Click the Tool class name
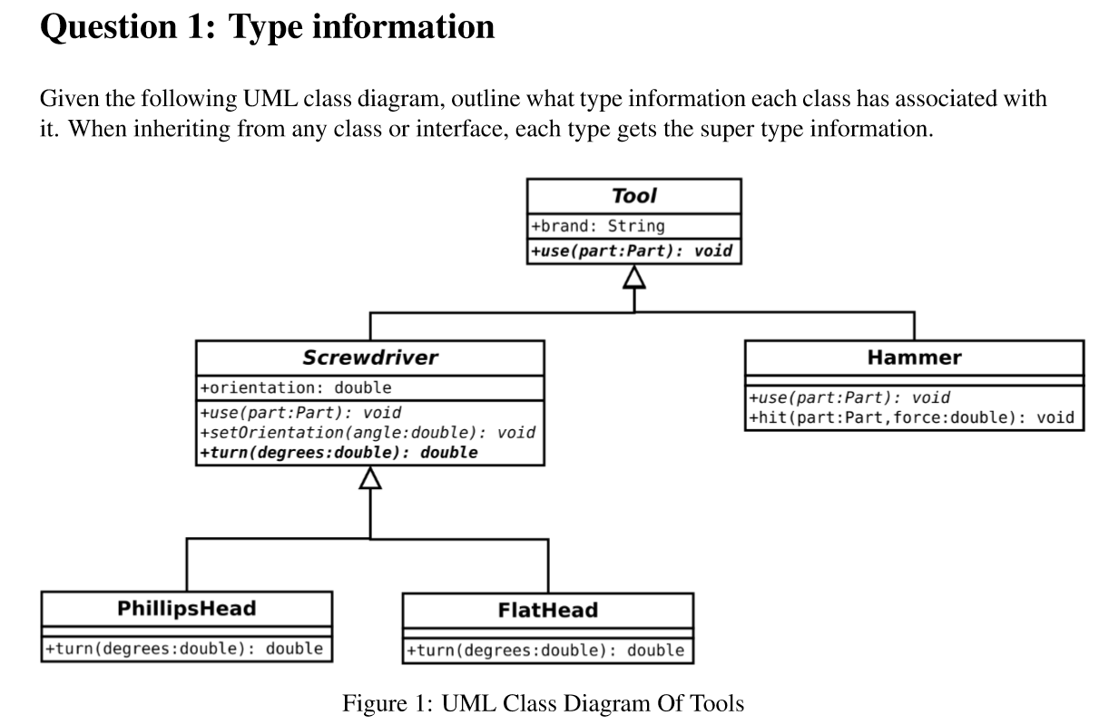coord(634,196)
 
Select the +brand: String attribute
coord(598,227)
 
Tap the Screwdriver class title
coord(370,358)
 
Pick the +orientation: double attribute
coord(296,388)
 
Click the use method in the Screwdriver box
coord(301,413)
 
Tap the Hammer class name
coord(914,358)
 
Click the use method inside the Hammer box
coord(849,397)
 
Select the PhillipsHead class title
coord(187,608)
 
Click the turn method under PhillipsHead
coord(184,649)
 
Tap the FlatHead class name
coord(548,610)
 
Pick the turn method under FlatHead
coord(545,651)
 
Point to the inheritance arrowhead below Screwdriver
coord(370,478)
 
